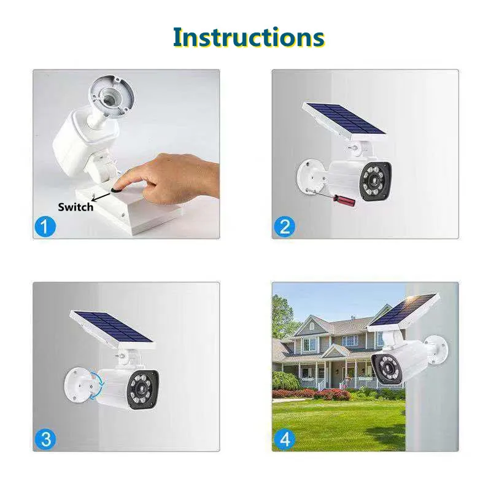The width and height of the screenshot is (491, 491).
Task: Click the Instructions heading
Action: click(248, 37)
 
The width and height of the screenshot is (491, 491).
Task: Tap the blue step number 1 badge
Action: click(45, 226)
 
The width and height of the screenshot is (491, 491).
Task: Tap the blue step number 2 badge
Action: click(284, 226)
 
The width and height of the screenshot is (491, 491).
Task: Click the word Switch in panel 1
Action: click(75, 207)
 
